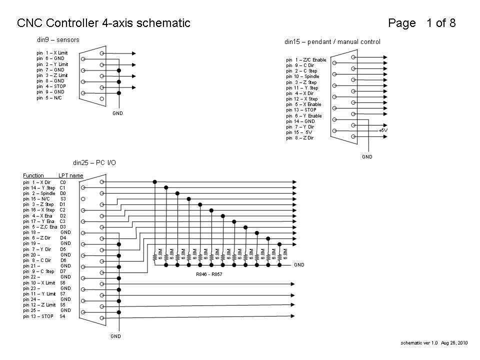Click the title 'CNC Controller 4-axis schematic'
click(103, 23)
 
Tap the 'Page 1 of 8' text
click(421, 23)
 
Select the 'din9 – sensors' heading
click(58, 39)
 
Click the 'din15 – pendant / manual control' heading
click(332, 42)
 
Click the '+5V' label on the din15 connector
click(383, 130)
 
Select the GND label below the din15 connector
click(367, 156)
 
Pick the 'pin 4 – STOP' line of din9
click(51, 86)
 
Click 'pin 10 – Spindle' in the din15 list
click(302, 76)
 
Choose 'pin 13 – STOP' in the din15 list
click(301, 110)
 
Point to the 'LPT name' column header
click(70, 175)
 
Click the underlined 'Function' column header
click(33, 175)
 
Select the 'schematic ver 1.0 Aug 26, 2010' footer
click(434, 343)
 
